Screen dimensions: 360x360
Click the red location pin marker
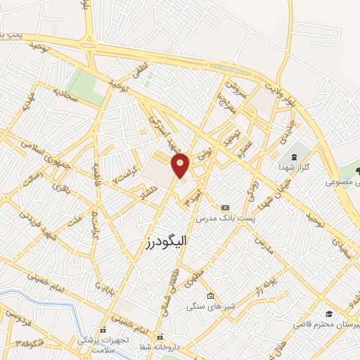click(x=181, y=166)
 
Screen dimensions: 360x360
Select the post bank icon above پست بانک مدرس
click(x=225, y=207)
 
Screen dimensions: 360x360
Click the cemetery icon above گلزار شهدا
click(x=293, y=156)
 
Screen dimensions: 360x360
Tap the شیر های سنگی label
click(x=210, y=307)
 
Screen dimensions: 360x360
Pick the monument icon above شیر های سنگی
click(x=210, y=295)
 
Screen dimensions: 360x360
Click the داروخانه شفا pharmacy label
click(x=162, y=347)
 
